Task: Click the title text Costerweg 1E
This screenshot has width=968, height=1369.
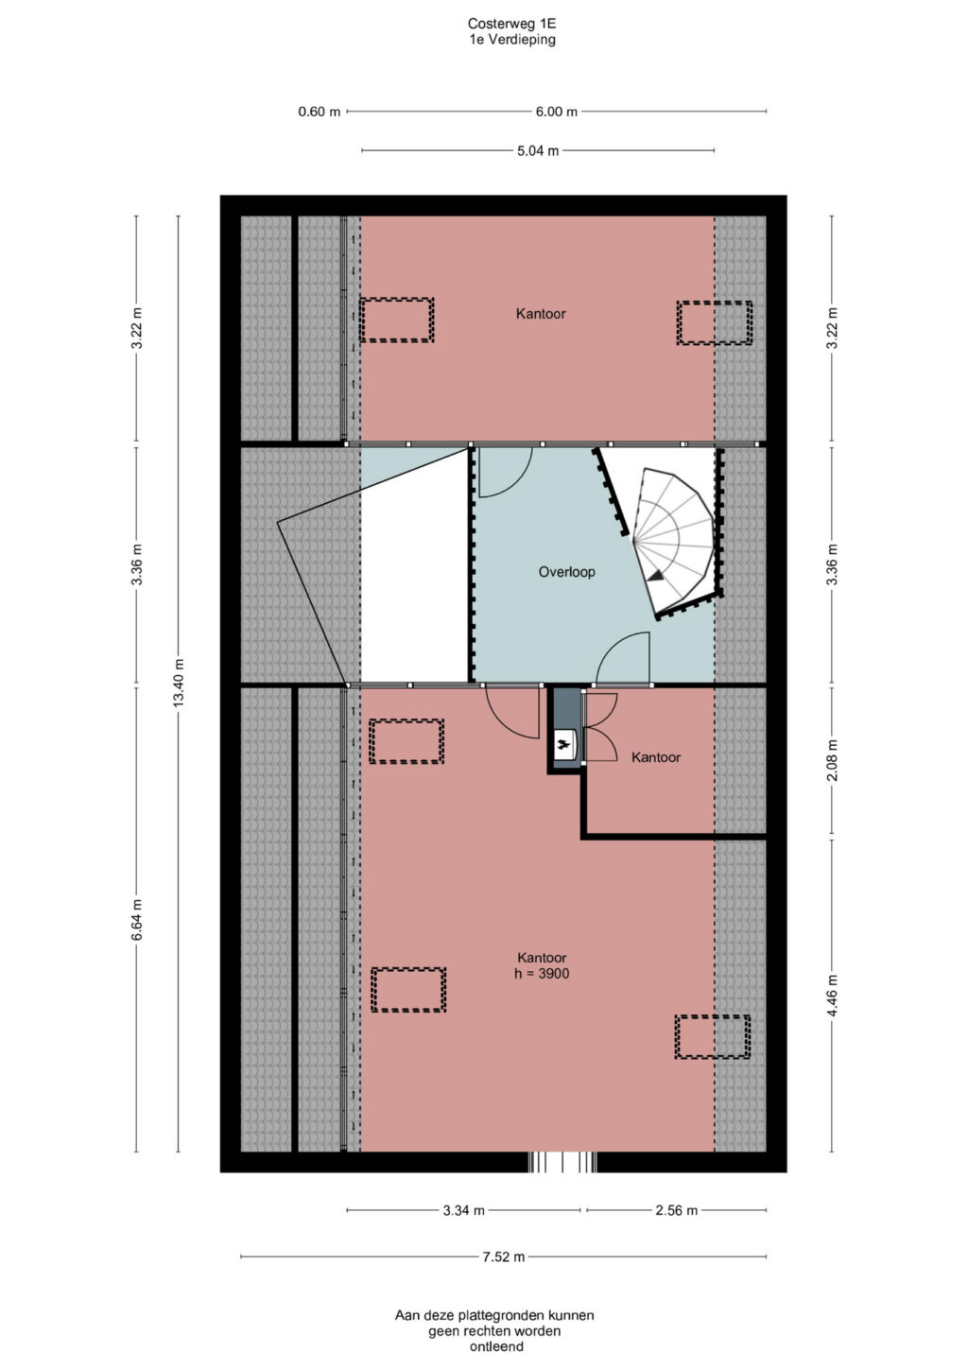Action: pyautogui.click(x=511, y=24)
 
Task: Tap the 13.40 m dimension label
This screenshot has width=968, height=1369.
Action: pyautogui.click(x=179, y=684)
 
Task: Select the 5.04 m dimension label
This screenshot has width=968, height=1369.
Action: pyautogui.click(x=538, y=150)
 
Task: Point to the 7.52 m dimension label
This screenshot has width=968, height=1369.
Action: pyautogui.click(x=504, y=1256)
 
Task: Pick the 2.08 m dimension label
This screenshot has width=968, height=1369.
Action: pyautogui.click(x=832, y=760)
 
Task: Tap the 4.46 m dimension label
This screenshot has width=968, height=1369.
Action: pyautogui.click(x=832, y=995)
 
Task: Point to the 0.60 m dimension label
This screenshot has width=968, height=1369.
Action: pyautogui.click(x=319, y=112)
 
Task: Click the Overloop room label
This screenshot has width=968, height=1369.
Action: pyautogui.click(x=566, y=572)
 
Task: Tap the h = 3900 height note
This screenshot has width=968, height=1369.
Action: pyautogui.click(x=542, y=974)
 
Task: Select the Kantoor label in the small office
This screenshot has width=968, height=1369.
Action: pyautogui.click(x=656, y=757)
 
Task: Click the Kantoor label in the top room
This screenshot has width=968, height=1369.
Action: pyautogui.click(x=541, y=314)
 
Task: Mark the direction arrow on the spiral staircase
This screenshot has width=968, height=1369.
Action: pyautogui.click(x=656, y=575)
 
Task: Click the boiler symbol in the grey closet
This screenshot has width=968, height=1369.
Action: pyautogui.click(x=562, y=744)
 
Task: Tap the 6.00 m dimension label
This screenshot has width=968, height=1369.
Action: pyautogui.click(x=556, y=112)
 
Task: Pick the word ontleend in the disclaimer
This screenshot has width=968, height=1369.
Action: pyautogui.click(x=496, y=1346)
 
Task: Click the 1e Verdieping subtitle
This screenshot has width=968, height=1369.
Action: pyautogui.click(x=511, y=40)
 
